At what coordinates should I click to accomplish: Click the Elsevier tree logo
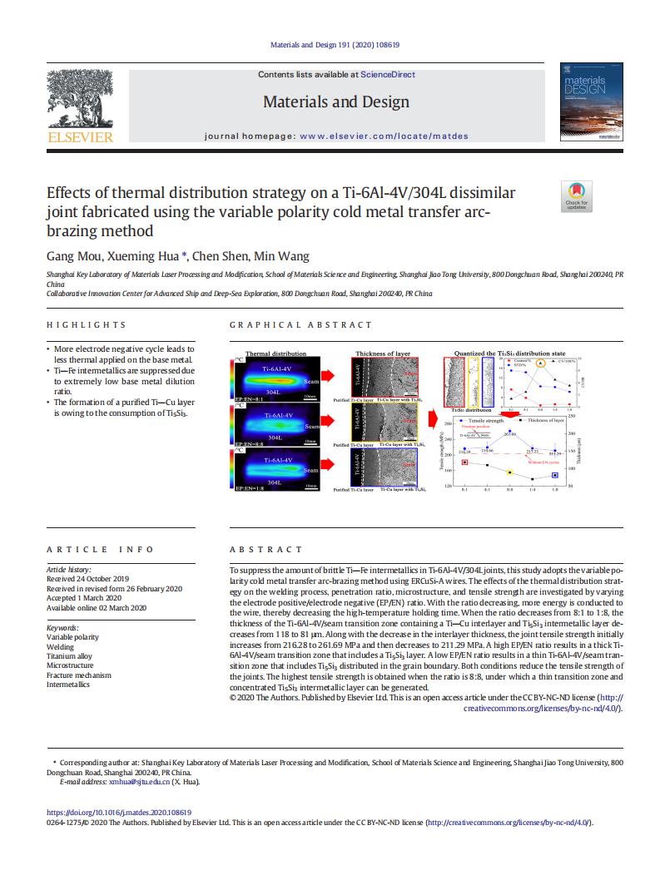(x=81, y=101)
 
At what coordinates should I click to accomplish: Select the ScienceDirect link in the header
(x=388, y=75)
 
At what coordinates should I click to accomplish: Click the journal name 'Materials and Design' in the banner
(x=336, y=102)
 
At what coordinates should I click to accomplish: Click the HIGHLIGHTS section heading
(x=87, y=325)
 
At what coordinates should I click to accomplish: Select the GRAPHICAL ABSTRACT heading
(x=300, y=325)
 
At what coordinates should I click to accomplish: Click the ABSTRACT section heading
(x=265, y=550)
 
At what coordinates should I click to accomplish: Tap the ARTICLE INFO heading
(x=100, y=550)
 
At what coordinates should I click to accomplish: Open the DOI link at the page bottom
(x=119, y=813)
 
